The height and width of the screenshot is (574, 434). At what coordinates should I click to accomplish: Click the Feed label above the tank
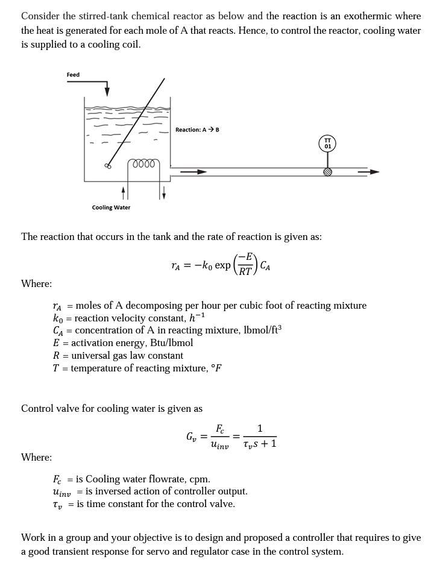73,75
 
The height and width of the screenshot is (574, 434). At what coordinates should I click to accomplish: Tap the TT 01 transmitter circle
327,143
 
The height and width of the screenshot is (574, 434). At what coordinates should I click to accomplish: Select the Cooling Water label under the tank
111,207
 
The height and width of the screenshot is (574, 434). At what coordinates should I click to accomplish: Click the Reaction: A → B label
197,130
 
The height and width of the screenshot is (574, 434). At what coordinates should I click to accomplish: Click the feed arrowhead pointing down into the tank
107,90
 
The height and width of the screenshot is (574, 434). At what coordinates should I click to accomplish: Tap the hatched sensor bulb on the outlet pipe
328,172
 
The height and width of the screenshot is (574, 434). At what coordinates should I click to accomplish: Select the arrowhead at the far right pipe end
374,172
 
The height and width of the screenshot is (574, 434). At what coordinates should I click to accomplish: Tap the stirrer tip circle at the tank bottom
108,166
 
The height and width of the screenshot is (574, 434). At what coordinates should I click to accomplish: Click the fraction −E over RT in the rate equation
245,264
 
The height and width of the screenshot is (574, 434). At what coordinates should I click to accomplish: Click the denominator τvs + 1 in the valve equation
260,444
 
